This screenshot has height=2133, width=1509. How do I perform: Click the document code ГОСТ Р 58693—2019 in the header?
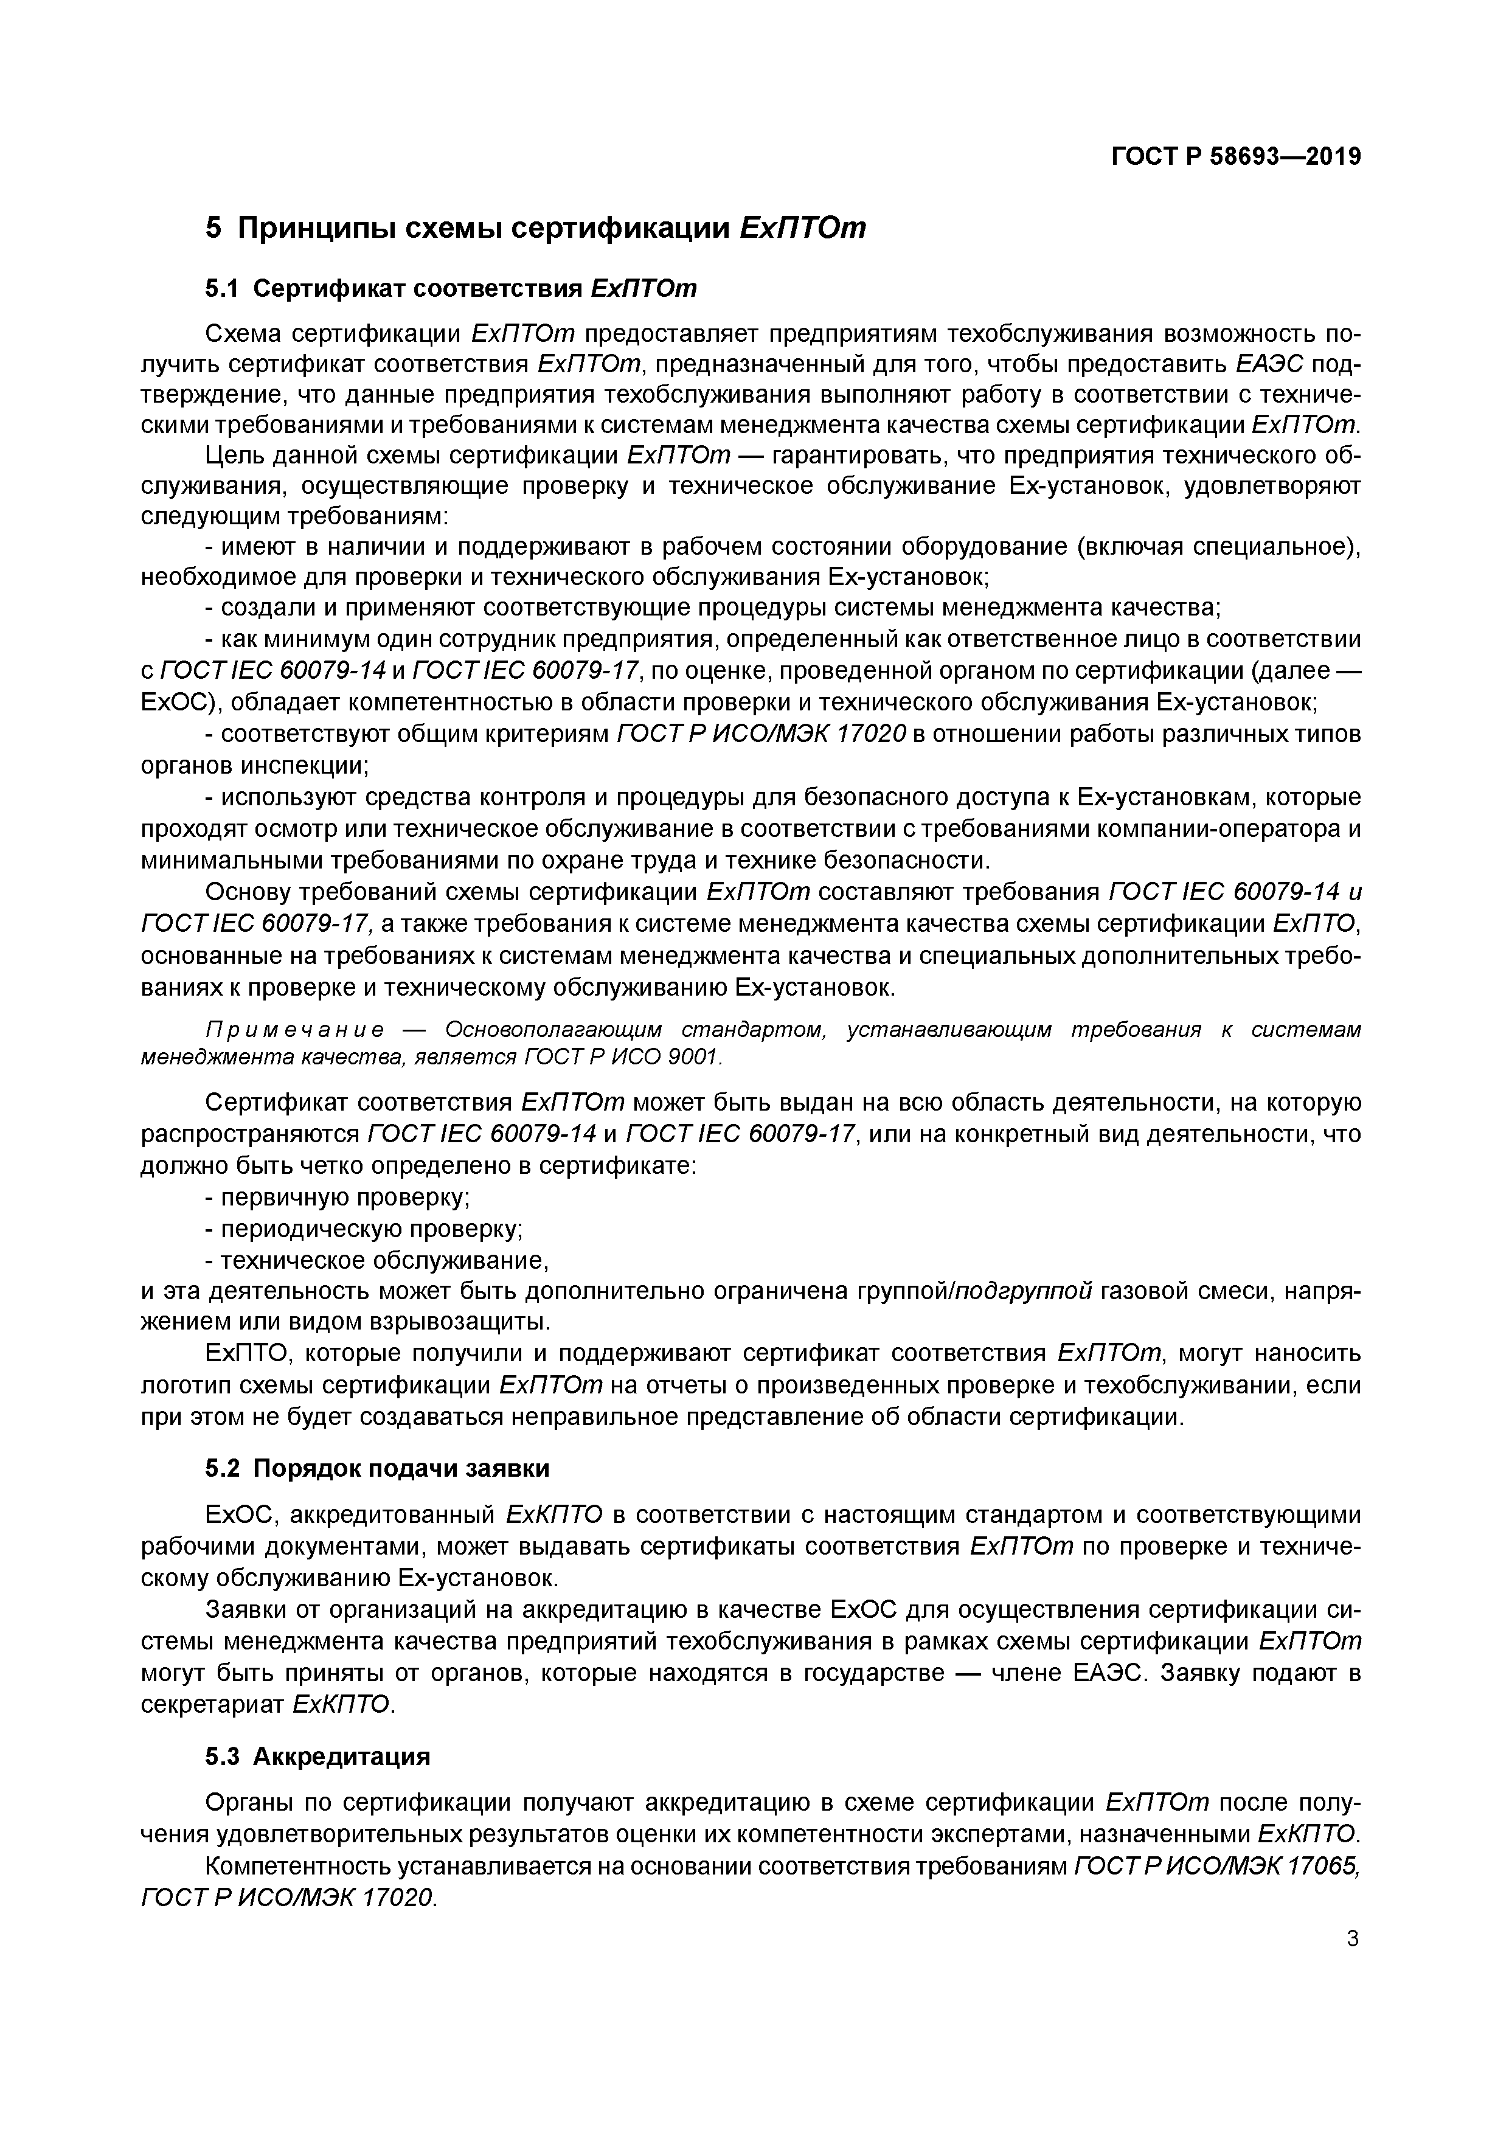pos(1236,157)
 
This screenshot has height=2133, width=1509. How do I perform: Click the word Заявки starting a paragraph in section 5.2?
pos(245,1608)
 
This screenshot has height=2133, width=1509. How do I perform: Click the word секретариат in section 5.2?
pos(213,1704)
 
